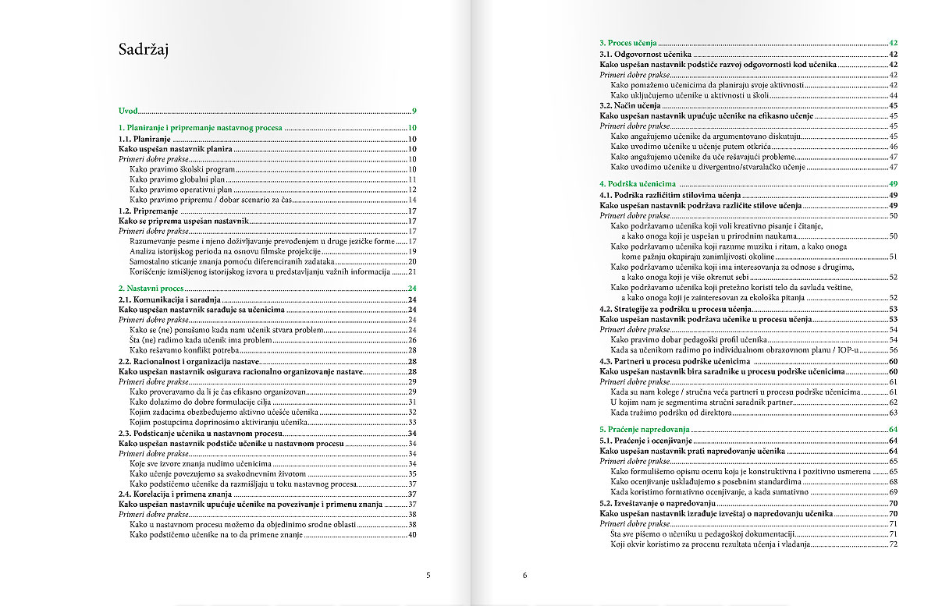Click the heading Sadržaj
coord(144,51)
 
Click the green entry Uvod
coord(127,112)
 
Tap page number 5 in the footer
coord(428,576)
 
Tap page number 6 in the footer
coord(525,576)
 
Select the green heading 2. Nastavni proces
coord(151,289)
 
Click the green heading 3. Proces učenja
coord(627,44)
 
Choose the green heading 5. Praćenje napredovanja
coord(644,430)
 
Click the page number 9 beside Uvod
coord(414,112)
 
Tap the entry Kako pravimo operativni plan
coord(180,190)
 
